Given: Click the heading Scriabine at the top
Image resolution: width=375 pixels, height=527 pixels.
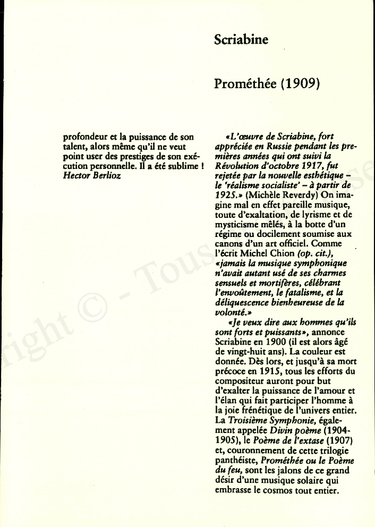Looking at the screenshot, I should [x=241, y=40].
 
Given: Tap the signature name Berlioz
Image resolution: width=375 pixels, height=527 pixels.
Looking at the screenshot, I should [x=106, y=176].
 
